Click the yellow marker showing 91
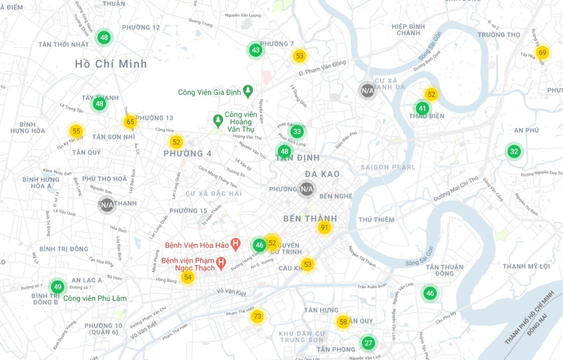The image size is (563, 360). click(324, 228)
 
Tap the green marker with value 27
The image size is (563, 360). click(368, 343)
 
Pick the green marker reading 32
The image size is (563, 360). click(514, 152)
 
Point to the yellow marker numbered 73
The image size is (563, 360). click(257, 317)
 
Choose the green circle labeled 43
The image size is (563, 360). click(256, 50)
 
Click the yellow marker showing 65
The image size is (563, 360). click(130, 122)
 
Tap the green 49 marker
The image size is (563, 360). click(58, 287)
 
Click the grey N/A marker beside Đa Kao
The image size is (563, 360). click(307, 189)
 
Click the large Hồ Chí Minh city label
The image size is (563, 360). click(111, 64)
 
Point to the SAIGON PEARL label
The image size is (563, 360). click(388, 167)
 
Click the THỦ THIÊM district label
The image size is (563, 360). click(376, 219)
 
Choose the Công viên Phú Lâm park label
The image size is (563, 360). click(95, 298)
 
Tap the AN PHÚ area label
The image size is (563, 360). click(526, 130)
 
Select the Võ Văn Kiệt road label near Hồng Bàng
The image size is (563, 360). click(231, 291)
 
